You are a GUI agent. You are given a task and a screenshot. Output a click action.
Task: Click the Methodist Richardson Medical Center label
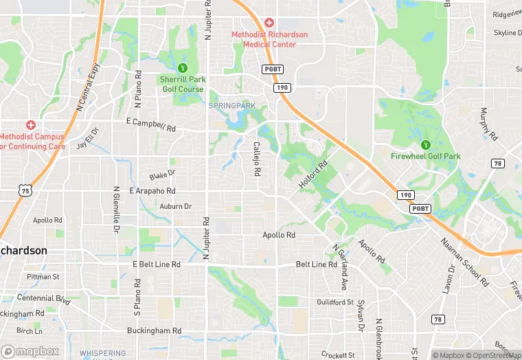click(269, 39)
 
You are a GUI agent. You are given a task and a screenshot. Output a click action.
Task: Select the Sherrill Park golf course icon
click(183, 67)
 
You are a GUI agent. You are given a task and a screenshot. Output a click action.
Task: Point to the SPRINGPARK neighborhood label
click(231, 105)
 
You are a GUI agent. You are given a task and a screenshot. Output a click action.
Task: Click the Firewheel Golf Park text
click(425, 156)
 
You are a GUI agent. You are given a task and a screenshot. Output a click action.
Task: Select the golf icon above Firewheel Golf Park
click(426, 144)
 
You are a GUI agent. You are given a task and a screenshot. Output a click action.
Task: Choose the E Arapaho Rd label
click(145, 190)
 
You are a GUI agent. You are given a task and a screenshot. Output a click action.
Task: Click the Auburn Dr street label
click(175, 206)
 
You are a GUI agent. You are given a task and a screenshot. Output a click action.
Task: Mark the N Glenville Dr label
click(116, 210)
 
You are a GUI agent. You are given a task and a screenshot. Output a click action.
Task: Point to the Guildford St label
click(335, 302)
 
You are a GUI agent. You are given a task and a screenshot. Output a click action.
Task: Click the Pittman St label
click(43, 276)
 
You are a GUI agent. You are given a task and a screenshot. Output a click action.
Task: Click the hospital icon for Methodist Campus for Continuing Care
click(30, 124)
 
